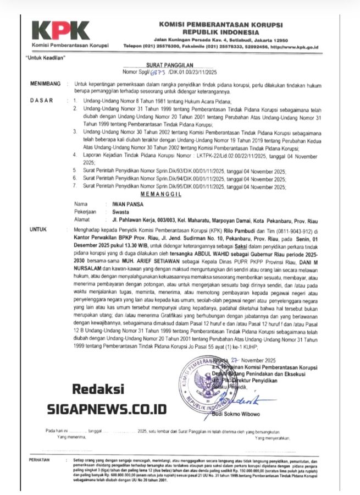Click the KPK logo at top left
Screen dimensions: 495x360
pyautogui.click(x=60, y=30)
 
